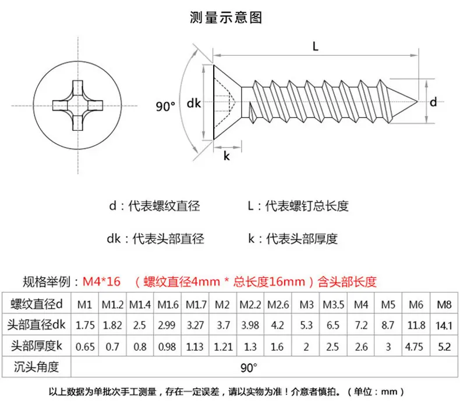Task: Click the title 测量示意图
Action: pos(225,17)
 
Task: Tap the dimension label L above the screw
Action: pos(316,47)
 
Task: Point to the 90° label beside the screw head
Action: pos(165,106)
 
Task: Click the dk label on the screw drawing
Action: pos(194,103)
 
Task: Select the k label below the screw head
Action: pos(227,156)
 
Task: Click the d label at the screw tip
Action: pos(433,102)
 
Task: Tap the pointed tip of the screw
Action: pos(417,102)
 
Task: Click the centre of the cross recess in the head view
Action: pos(78,105)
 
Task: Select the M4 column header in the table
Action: pos(361,305)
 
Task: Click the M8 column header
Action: pos(444,305)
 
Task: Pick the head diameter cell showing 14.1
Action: pos(444,326)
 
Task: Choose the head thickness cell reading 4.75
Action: pos(414,347)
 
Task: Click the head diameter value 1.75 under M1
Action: pos(85,326)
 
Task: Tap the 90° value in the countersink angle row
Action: pos(249,367)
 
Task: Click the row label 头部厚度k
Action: pos(37,346)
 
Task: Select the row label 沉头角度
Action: pos(36,367)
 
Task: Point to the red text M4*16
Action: pos(101,281)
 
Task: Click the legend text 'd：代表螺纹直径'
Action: pos(154,206)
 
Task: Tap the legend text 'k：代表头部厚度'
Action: pos(293,239)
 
